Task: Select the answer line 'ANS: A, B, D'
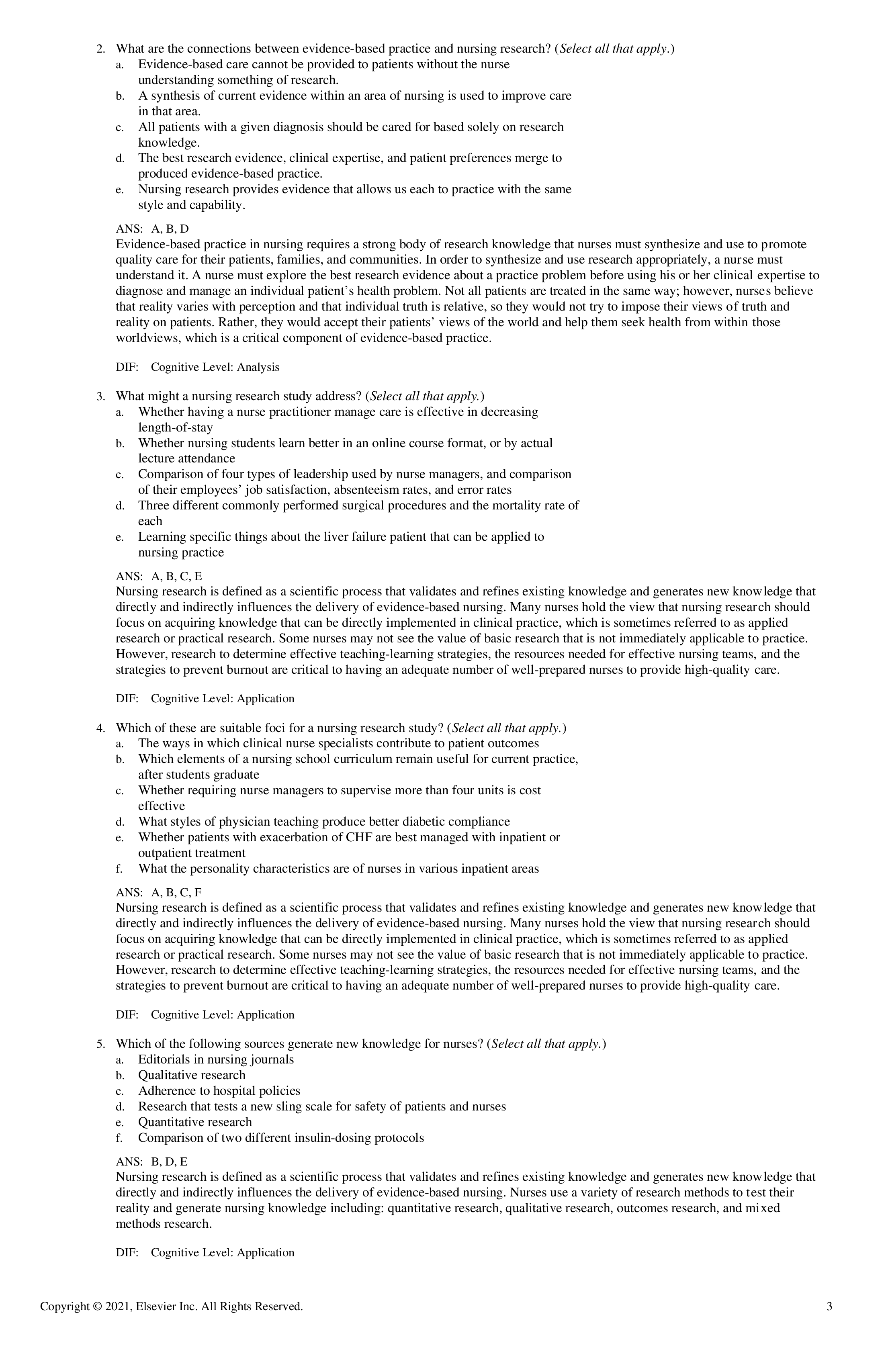coord(152,229)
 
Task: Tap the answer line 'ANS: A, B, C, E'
coord(159,576)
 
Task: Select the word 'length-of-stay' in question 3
coord(175,427)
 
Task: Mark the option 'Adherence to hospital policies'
coord(219,1090)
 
